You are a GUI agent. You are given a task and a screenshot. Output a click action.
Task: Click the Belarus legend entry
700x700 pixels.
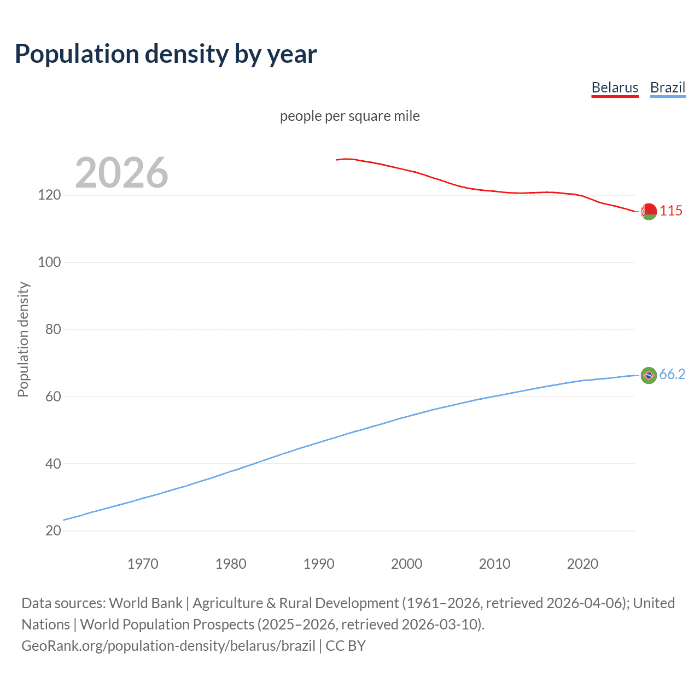pos(615,87)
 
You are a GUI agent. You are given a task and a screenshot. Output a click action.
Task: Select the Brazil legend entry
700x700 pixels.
pos(667,87)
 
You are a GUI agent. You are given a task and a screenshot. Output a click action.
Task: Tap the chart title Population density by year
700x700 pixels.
pos(166,54)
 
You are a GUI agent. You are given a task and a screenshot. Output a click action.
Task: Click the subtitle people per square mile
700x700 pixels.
pos(349,116)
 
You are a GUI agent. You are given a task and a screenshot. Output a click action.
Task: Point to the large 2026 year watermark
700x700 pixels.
pos(121,173)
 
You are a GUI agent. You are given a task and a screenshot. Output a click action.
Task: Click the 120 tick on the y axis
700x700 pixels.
pos(49,195)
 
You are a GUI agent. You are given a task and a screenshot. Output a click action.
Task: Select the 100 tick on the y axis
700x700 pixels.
pos(49,262)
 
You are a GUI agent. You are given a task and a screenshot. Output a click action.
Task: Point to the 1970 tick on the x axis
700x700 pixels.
pos(143,564)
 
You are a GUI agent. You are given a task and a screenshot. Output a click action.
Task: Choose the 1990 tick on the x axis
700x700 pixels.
pos(319,564)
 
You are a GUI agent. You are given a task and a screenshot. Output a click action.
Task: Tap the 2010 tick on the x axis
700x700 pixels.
pos(494,564)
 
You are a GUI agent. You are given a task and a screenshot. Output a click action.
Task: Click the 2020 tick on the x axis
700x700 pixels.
pos(582,564)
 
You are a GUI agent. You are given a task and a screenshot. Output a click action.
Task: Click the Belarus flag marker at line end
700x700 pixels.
pos(649,211)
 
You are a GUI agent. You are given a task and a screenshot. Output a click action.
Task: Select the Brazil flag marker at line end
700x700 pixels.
pos(649,375)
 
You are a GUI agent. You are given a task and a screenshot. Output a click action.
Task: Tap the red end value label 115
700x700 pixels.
pos(671,211)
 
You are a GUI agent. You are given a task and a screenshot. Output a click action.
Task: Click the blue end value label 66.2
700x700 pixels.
pos(672,374)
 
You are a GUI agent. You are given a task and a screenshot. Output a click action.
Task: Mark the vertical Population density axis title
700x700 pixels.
pos(23,339)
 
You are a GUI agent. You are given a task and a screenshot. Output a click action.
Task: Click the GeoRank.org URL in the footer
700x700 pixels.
pos(168,646)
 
